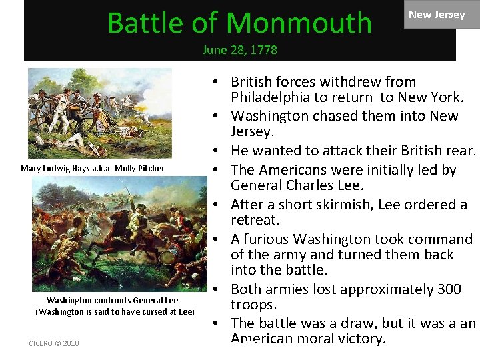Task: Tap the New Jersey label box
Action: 436,15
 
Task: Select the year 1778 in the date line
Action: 263,50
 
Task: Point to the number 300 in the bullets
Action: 447,289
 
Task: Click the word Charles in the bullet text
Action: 305,185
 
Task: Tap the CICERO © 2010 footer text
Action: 54,343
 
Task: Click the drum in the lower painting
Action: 168,257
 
